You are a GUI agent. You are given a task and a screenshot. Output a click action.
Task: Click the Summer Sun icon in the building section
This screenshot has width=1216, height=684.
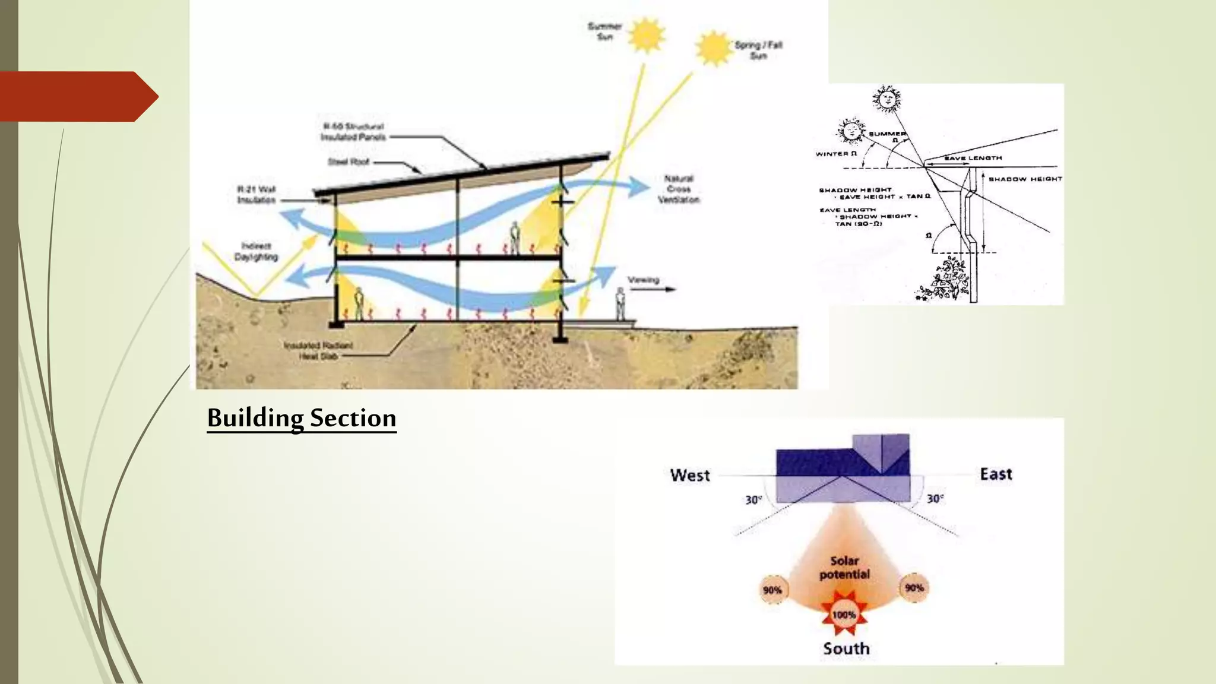[646, 35]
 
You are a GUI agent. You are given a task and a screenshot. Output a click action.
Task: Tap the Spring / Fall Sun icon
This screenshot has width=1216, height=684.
[713, 48]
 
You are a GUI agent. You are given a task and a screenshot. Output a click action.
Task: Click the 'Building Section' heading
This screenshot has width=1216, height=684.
[302, 418]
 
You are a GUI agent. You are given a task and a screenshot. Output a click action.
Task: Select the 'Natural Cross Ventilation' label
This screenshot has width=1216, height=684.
[678, 189]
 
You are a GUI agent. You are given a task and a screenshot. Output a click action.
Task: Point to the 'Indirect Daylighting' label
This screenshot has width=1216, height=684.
[256, 251]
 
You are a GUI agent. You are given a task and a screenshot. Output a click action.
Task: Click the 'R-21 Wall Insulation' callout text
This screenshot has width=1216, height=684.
[256, 195]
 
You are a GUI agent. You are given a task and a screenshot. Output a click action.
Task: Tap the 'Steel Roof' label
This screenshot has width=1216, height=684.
[349, 161]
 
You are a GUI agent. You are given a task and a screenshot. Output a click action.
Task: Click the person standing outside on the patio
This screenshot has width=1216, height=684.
[620, 303]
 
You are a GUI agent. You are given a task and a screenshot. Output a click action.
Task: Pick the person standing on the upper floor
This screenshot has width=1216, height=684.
[515, 237]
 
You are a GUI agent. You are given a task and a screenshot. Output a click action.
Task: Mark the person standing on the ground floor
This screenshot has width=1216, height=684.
[359, 303]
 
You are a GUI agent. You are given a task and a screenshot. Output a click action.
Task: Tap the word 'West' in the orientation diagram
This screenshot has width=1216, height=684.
[690, 475]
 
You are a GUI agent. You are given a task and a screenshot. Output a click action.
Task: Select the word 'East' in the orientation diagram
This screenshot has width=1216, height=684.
[996, 474]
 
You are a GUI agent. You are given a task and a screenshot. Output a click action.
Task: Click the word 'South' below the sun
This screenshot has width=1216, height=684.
[846, 648]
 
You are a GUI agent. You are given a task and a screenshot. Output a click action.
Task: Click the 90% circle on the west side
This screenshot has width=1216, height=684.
[772, 590]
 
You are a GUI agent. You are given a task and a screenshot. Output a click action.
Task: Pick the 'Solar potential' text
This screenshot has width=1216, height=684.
[844, 568]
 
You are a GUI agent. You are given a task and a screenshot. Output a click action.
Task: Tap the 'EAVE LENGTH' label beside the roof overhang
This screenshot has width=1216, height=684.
[973, 158]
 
